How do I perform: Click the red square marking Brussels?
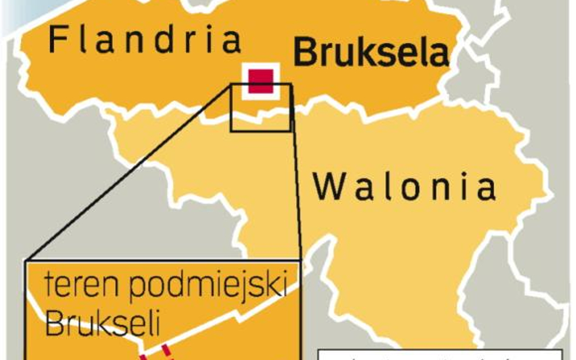(261, 81)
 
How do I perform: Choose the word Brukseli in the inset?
(102, 325)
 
